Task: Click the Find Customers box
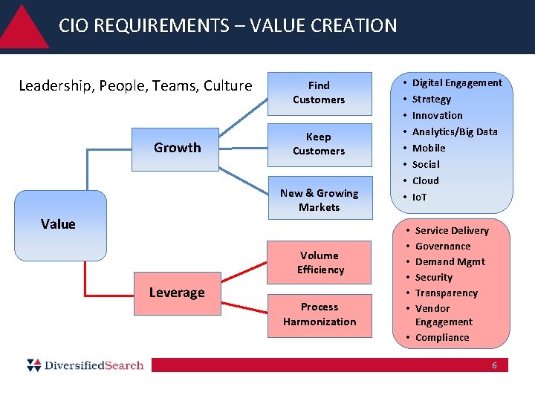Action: tap(319, 93)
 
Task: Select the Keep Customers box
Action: tap(319, 144)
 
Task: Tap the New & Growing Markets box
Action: tap(319, 200)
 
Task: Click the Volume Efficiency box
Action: tap(320, 263)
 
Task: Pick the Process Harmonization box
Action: tap(320, 314)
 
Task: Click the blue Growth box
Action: tap(177, 148)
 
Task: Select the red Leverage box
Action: tap(177, 293)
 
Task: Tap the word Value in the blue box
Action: tap(58, 224)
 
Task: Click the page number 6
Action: tap(494, 365)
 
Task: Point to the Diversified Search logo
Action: tap(85, 365)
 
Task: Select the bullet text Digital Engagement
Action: tap(457, 83)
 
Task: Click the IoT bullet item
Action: tap(420, 198)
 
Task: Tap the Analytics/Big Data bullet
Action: tap(455, 132)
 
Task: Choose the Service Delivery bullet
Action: tap(452, 231)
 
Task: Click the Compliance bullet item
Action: tap(442, 338)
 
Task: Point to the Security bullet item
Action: tap(434, 278)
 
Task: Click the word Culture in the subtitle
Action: tap(227, 86)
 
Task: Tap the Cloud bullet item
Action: tap(426, 181)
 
